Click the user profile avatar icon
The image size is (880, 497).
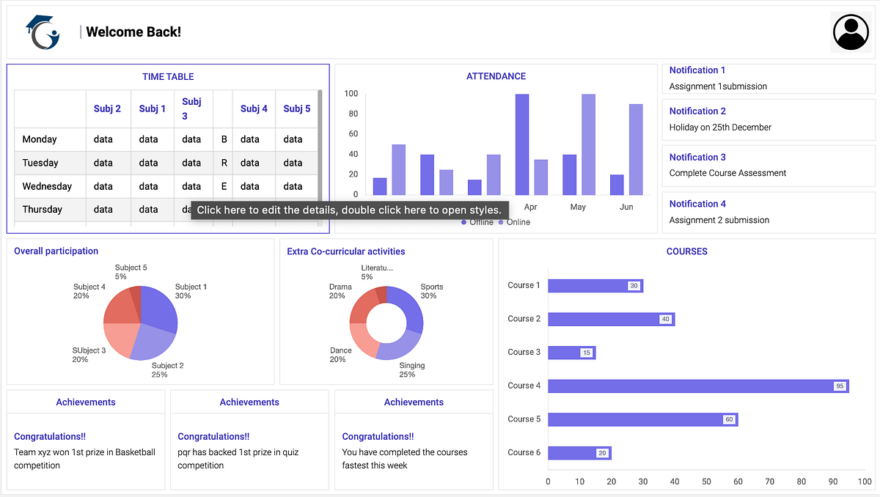point(851,32)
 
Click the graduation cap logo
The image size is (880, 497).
point(41,33)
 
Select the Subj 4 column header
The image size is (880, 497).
point(254,108)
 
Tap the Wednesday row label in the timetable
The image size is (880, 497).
point(47,186)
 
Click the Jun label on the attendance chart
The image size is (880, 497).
point(626,207)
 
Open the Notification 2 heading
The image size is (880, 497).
point(697,111)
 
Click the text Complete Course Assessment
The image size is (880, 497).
point(727,173)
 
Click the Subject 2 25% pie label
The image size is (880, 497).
point(167,369)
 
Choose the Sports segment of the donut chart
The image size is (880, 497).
point(408,306)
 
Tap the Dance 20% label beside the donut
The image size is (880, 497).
point(340,355)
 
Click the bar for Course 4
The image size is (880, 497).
point(697,386)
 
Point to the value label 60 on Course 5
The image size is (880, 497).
point(728,419)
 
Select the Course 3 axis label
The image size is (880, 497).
point(524,352)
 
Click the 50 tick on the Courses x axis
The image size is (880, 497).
point(706,482)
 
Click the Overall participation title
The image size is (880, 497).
point(56,251)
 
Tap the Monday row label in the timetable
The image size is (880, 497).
point(40,139)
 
